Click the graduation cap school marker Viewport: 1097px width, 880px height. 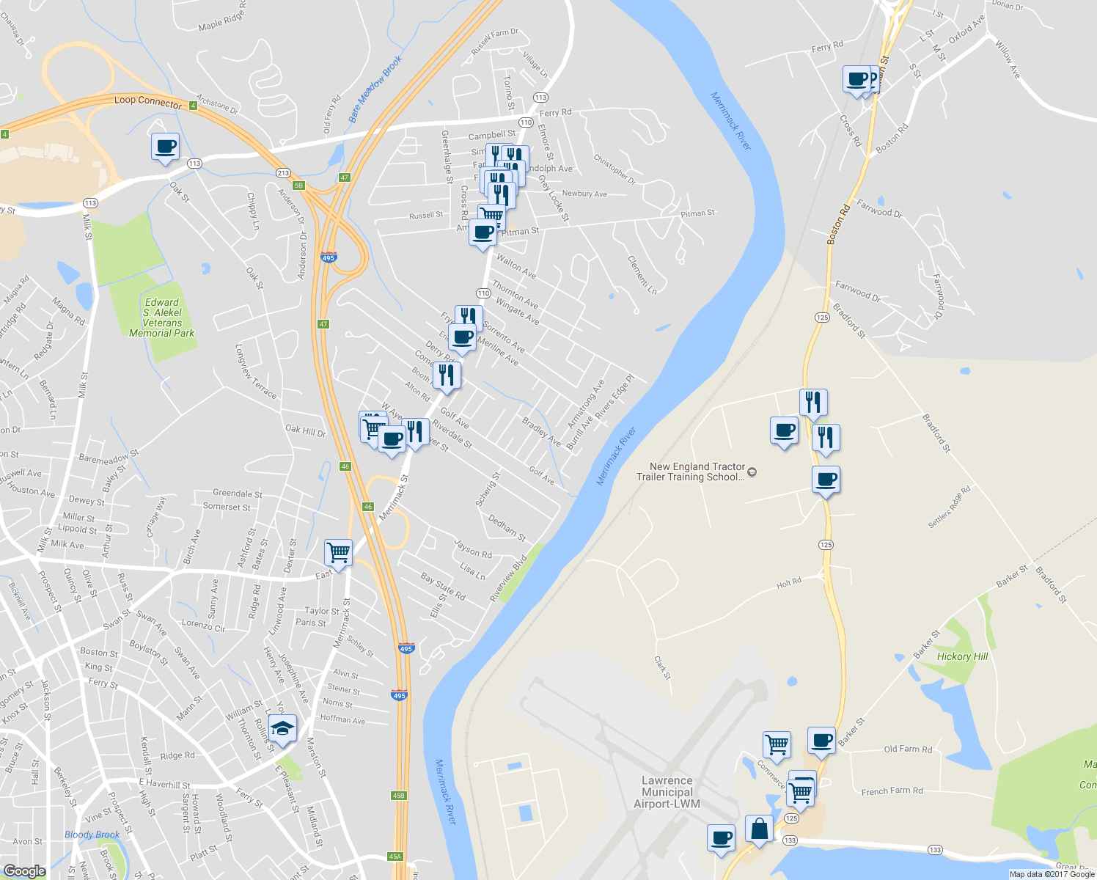(282, 728)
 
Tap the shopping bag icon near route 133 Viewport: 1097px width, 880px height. (760, 829)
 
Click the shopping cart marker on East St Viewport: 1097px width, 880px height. (338, 551)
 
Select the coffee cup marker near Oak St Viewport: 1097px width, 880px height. (165, 146)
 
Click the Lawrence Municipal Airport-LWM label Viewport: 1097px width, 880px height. (667, 792)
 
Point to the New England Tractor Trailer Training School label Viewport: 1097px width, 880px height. (697, 472)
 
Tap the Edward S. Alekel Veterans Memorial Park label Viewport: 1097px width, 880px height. (161, 318)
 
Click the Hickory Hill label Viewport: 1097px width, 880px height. (962, 656)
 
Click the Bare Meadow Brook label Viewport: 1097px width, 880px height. (375, 89)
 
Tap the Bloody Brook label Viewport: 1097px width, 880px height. (92, 835)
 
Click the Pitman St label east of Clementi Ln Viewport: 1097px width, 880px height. (697, 213)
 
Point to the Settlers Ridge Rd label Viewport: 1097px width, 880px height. (949, 507)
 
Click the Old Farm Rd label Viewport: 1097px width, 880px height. (908, 749)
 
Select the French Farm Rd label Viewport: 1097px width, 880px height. (892, 791)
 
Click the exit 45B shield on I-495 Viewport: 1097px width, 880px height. (398, 796)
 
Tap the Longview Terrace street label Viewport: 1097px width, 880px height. (256, 371)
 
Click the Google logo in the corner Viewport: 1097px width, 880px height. (24, 871)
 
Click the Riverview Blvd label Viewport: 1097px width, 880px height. (508, 579)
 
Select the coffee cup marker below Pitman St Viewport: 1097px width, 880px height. (483, 233)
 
